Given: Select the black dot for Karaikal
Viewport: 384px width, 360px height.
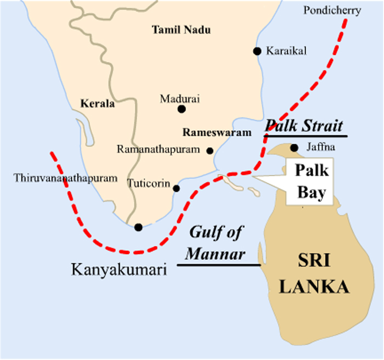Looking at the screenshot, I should (257, 51).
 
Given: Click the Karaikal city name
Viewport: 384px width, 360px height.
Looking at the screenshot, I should (286, 51).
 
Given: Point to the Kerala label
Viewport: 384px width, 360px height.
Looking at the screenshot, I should (98, 103).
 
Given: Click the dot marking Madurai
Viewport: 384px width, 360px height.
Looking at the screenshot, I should (182, 109).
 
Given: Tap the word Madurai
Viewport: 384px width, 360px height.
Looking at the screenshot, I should (180, 99).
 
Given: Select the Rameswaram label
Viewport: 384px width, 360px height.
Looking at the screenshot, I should (217, 132).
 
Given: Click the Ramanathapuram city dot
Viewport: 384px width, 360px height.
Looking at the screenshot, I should (210, 150).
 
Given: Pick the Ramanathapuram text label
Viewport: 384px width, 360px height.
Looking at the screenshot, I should (159, 149).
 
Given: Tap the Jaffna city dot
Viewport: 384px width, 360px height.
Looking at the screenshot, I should (295, 147).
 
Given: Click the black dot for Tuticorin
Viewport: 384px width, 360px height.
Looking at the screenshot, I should (176, 188).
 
